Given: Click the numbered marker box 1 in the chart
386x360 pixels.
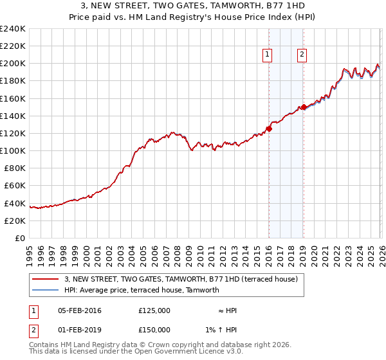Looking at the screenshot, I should click(x=267, y=55).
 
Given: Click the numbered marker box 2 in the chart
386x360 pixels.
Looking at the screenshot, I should click(x=302, y=55).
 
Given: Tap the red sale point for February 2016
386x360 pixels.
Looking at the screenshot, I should click(x=269, y=129).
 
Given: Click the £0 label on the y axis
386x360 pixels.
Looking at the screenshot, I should click(x=19, y=238).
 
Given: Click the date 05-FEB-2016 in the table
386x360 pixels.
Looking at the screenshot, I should click(x=79, y=310).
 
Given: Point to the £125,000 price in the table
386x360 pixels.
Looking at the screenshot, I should click(x=154, y=310).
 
